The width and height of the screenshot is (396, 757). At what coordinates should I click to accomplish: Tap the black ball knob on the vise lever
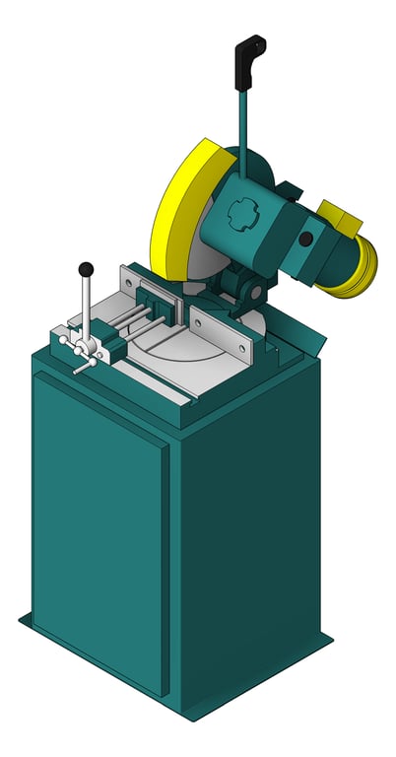87,268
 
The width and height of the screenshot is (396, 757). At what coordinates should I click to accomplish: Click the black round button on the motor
306,239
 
